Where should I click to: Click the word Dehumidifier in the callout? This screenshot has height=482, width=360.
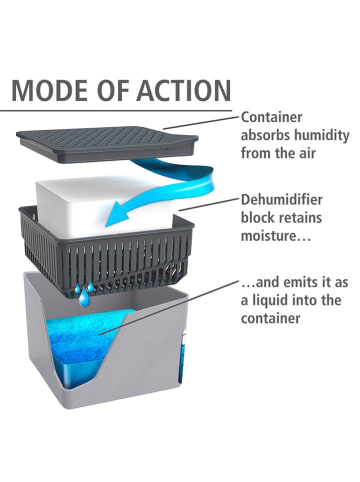[x=282, y=200]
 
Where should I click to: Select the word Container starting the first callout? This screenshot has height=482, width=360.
[x=272, y=117]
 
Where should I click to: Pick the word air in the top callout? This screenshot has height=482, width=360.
[x=306, y=153]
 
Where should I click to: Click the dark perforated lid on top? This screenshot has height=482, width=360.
[x=107, y=143]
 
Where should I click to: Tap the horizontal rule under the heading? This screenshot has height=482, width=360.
[x=116, y=110]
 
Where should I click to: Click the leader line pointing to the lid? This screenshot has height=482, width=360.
[x=201, y=122]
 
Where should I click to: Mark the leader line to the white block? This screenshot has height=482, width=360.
[x=209, y=204]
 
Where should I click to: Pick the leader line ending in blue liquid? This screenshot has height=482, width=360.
[x=168, y=307]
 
